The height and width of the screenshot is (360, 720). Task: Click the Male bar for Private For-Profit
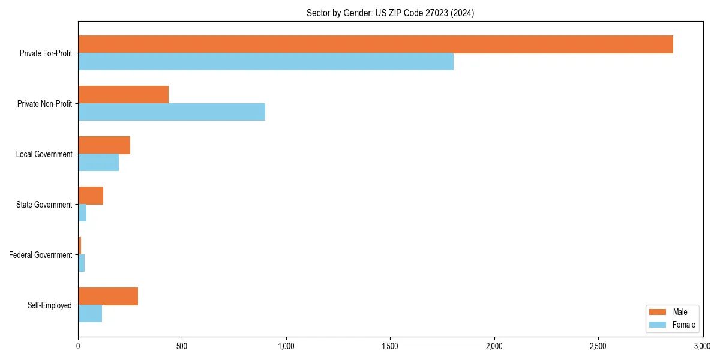click(375, 44)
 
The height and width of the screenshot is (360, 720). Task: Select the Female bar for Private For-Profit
click(266, 62)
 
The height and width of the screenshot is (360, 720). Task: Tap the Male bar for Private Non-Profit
click(123, 95)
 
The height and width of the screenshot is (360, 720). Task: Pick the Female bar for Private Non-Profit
click(172, 112)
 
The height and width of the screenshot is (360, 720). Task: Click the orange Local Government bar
click(104, 145)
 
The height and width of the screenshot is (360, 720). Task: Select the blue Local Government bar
click(98, 163)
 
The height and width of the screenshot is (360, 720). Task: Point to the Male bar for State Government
click(91, 196)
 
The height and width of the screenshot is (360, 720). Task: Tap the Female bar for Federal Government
click(82, 263)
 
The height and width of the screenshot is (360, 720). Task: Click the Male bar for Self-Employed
click(108, 296)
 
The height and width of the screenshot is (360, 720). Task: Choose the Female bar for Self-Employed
click(90, 314)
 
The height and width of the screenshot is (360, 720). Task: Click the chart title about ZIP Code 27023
click(390, 13)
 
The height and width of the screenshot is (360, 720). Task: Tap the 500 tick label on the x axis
click(182, 346)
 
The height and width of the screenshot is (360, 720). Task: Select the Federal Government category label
click(41, 255)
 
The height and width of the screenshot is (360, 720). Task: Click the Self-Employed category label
click(50, 305)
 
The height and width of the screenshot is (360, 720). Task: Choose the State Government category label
click(44, 205)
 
